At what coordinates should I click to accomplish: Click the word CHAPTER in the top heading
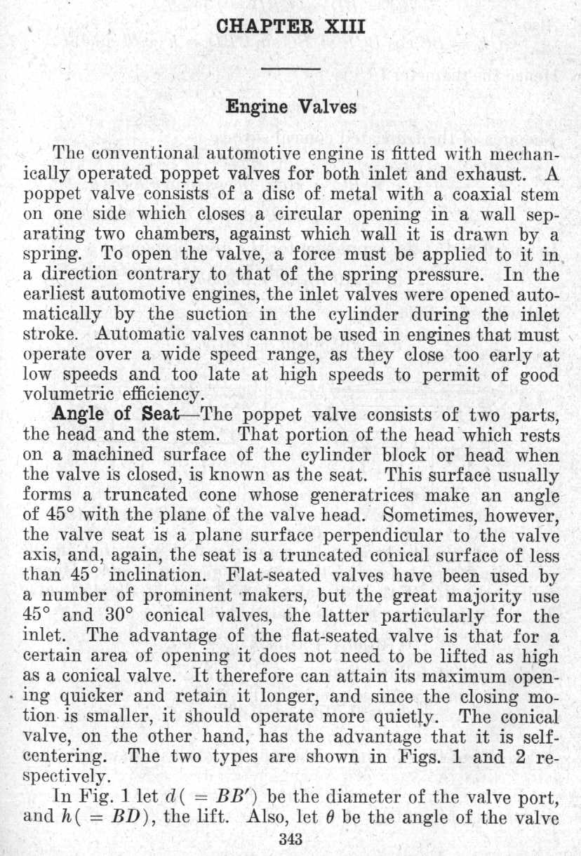coord(257,28)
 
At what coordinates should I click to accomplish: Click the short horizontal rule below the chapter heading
coord(290,68)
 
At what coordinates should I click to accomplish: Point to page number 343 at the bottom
coord(290,838)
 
